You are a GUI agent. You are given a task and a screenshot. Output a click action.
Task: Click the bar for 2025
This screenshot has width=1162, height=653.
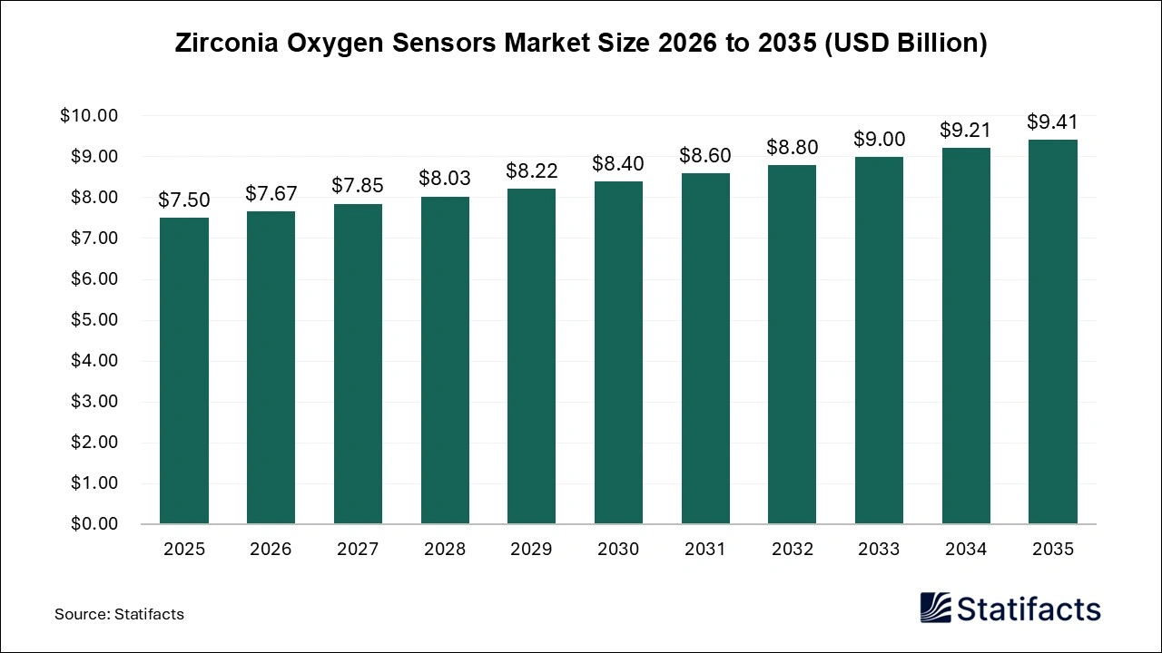pyautogui.click(x=183, y=371)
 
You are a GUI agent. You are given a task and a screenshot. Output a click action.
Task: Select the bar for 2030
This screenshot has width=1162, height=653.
pyautogui.click(x=618, y=353)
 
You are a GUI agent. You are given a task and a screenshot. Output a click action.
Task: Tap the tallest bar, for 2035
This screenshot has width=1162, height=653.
pyautogui.click(x=1053, y=332)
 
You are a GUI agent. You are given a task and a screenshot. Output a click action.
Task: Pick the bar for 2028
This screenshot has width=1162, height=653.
pyautogui.click(x=445, y=360)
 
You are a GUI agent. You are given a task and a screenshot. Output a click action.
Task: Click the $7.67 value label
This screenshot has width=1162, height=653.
pyautogui.click(x=271, y=193)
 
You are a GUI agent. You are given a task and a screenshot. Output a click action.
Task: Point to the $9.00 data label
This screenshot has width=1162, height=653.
pyautogui.click(x=879, y=139)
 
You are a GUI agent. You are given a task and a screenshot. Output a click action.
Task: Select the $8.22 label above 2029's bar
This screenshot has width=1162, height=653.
pyautogui.click(x=531, y=171)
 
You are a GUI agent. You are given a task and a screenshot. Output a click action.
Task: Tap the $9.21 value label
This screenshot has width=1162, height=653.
pyautogui.click(x=966, y=130)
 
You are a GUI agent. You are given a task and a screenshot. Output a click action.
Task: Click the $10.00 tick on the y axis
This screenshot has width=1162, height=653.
pyautogui.click(x=89, y=116)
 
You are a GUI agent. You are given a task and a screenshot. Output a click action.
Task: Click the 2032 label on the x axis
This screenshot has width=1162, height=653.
pyautogui.click(x=792, y=550)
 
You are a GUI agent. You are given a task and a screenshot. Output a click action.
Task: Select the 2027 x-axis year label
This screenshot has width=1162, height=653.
pyautogui.click(x=358, y=550)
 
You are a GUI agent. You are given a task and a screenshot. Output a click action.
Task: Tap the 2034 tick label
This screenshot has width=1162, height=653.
pyautogui.click(x=966, y=550)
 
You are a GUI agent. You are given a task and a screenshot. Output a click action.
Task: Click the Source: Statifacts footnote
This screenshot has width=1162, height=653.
pyautogui.click(x=119, y=614)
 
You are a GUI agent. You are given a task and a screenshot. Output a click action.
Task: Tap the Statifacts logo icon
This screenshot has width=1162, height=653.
pyautogui.click(x=936, y=608)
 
